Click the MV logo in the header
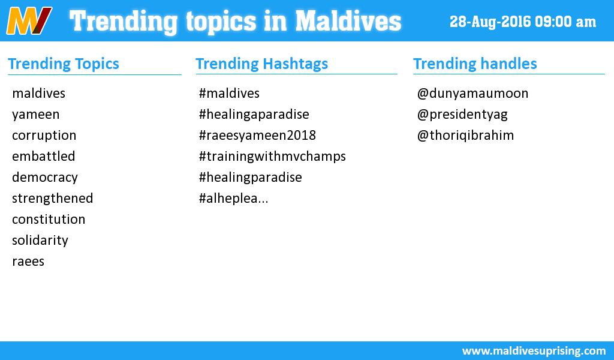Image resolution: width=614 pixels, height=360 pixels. point(29,21)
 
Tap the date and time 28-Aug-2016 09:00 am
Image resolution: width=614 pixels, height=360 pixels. point(523,22)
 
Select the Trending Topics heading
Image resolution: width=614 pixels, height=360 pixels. point(64,64)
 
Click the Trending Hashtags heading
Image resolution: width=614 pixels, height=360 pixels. point(261,64)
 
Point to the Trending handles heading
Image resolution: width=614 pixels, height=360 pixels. point(475,64)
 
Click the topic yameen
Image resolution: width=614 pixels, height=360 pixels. point(35,115)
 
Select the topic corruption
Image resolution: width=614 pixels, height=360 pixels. point(44,136)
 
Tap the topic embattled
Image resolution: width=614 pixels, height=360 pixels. point(43,157)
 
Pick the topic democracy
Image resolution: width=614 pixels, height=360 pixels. point(44,178)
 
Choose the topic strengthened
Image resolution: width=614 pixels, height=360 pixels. point(52,199)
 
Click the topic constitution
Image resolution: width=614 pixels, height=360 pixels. point(49,220)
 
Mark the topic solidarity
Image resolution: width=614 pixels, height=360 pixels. point(40,241)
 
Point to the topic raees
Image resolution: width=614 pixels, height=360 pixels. point(28,262)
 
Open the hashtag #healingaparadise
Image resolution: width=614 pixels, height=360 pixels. point(254,115)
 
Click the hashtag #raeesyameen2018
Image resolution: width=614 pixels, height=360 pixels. point(257,136)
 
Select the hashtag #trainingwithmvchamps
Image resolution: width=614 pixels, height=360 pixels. point(272,157)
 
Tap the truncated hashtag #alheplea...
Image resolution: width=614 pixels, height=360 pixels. point(233,199)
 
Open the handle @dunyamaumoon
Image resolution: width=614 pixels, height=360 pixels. point(472,94)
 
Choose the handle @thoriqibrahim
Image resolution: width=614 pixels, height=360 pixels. point(465,136)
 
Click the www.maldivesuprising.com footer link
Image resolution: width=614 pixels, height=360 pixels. point(534,350)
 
